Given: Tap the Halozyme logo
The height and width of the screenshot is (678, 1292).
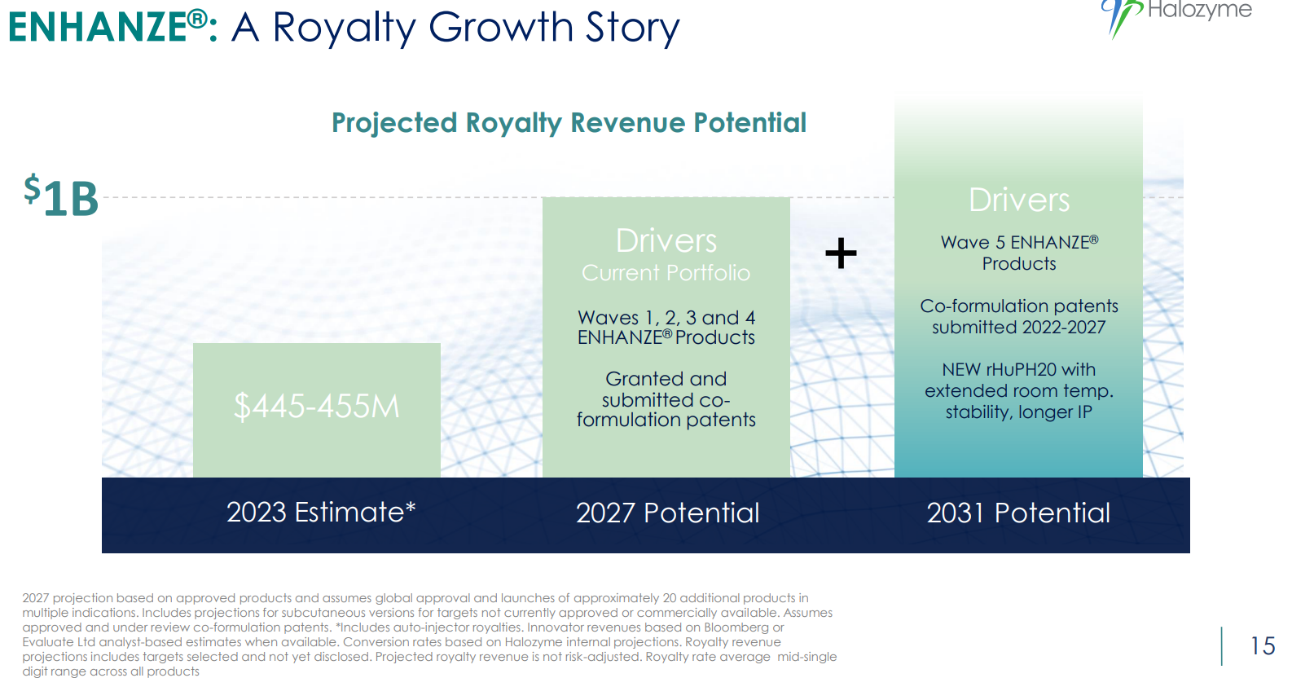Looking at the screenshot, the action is coord(1176,16).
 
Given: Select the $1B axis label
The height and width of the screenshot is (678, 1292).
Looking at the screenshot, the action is coord(61,196).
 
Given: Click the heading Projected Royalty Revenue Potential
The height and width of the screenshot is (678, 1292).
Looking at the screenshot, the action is coord(569,123).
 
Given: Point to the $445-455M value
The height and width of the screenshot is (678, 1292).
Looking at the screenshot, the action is coord(317,406).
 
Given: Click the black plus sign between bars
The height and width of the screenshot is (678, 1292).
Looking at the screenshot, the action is coord(841,253).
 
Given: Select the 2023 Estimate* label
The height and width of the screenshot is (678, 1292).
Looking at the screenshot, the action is coord(321,512).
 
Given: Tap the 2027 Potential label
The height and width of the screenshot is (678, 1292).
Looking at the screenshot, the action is coord(667,513).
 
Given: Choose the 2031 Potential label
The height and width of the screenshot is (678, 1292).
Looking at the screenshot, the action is coord(1018,513).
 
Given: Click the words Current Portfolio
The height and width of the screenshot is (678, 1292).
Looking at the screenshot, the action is coord(666,273).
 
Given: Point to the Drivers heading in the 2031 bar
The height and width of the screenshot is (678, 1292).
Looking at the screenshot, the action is coord(1019,200).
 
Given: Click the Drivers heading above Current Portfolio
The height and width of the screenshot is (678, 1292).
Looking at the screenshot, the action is coord(666,240).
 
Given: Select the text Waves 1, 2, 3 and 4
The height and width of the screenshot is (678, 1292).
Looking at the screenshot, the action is coord(666,317).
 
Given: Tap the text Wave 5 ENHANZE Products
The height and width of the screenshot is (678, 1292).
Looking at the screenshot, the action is coord(1019,253).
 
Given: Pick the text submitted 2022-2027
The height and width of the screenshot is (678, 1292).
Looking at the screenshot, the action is coord(1018,327).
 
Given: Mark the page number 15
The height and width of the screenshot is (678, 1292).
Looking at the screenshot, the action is coord(1262,645).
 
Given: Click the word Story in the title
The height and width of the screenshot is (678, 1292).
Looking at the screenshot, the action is coord(633,28).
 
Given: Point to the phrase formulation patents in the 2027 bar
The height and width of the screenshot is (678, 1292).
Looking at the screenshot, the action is coord(666,420).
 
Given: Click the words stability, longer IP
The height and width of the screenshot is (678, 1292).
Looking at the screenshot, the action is coord(1018,412).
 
